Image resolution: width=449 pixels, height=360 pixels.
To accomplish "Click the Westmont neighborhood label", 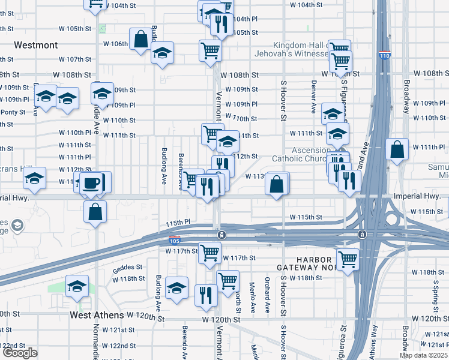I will [x=35, y=45].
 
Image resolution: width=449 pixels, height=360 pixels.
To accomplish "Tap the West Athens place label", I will [x=97, y=315].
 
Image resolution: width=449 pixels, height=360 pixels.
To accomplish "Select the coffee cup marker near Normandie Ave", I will [x=92, y=182].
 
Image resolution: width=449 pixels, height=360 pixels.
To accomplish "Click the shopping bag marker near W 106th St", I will [x=140, y=40].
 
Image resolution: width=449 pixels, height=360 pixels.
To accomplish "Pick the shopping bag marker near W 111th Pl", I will [x=397, y=149].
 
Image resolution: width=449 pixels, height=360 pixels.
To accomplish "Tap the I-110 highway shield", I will [x=384, y=56].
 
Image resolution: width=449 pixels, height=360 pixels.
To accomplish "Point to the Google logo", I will [x=20, y=353].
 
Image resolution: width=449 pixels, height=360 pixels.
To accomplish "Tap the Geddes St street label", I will [x=127, y=268].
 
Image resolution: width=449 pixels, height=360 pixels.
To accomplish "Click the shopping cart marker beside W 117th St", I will [x=209, y=253].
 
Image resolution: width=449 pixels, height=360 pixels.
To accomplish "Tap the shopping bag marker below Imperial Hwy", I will [x=95, y=211].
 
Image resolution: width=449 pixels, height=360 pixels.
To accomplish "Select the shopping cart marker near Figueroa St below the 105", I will [x=348, y=260].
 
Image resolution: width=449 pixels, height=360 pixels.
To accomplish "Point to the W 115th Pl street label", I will [x=178, y=222].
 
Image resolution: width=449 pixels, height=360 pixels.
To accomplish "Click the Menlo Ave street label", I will [x=252, y=298].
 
